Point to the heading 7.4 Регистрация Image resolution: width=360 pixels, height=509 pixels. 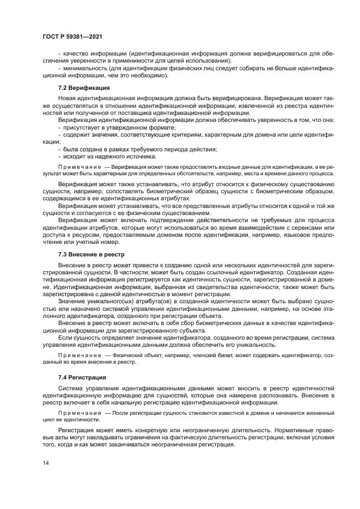[x=82, y=377]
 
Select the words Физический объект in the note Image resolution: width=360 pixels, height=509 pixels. [x=134, y=355]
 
